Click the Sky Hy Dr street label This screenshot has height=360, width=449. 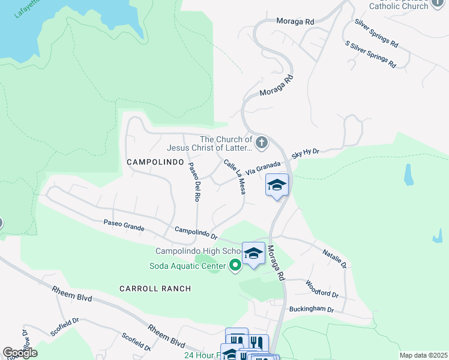(305, 153)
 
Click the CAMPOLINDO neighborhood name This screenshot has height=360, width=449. (149, 162)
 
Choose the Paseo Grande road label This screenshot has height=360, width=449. (124, 223)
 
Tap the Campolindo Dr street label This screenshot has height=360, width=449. (195, 231)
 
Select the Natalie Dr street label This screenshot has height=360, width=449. (335, 259)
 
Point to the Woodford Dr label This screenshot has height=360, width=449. (322, 289)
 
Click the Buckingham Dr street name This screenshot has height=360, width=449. (311, 309)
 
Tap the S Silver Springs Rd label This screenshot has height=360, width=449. (370, 54)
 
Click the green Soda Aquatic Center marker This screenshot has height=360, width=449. (235, 265)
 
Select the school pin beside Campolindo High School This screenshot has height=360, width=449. (253, 254)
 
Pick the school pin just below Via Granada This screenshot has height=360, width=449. (277, 185)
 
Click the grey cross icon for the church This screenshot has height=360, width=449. (261, 143)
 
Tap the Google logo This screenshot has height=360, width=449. (20, 353)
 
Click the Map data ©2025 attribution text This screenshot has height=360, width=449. (423, 355)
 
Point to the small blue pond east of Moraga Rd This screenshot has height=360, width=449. (409, 174)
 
